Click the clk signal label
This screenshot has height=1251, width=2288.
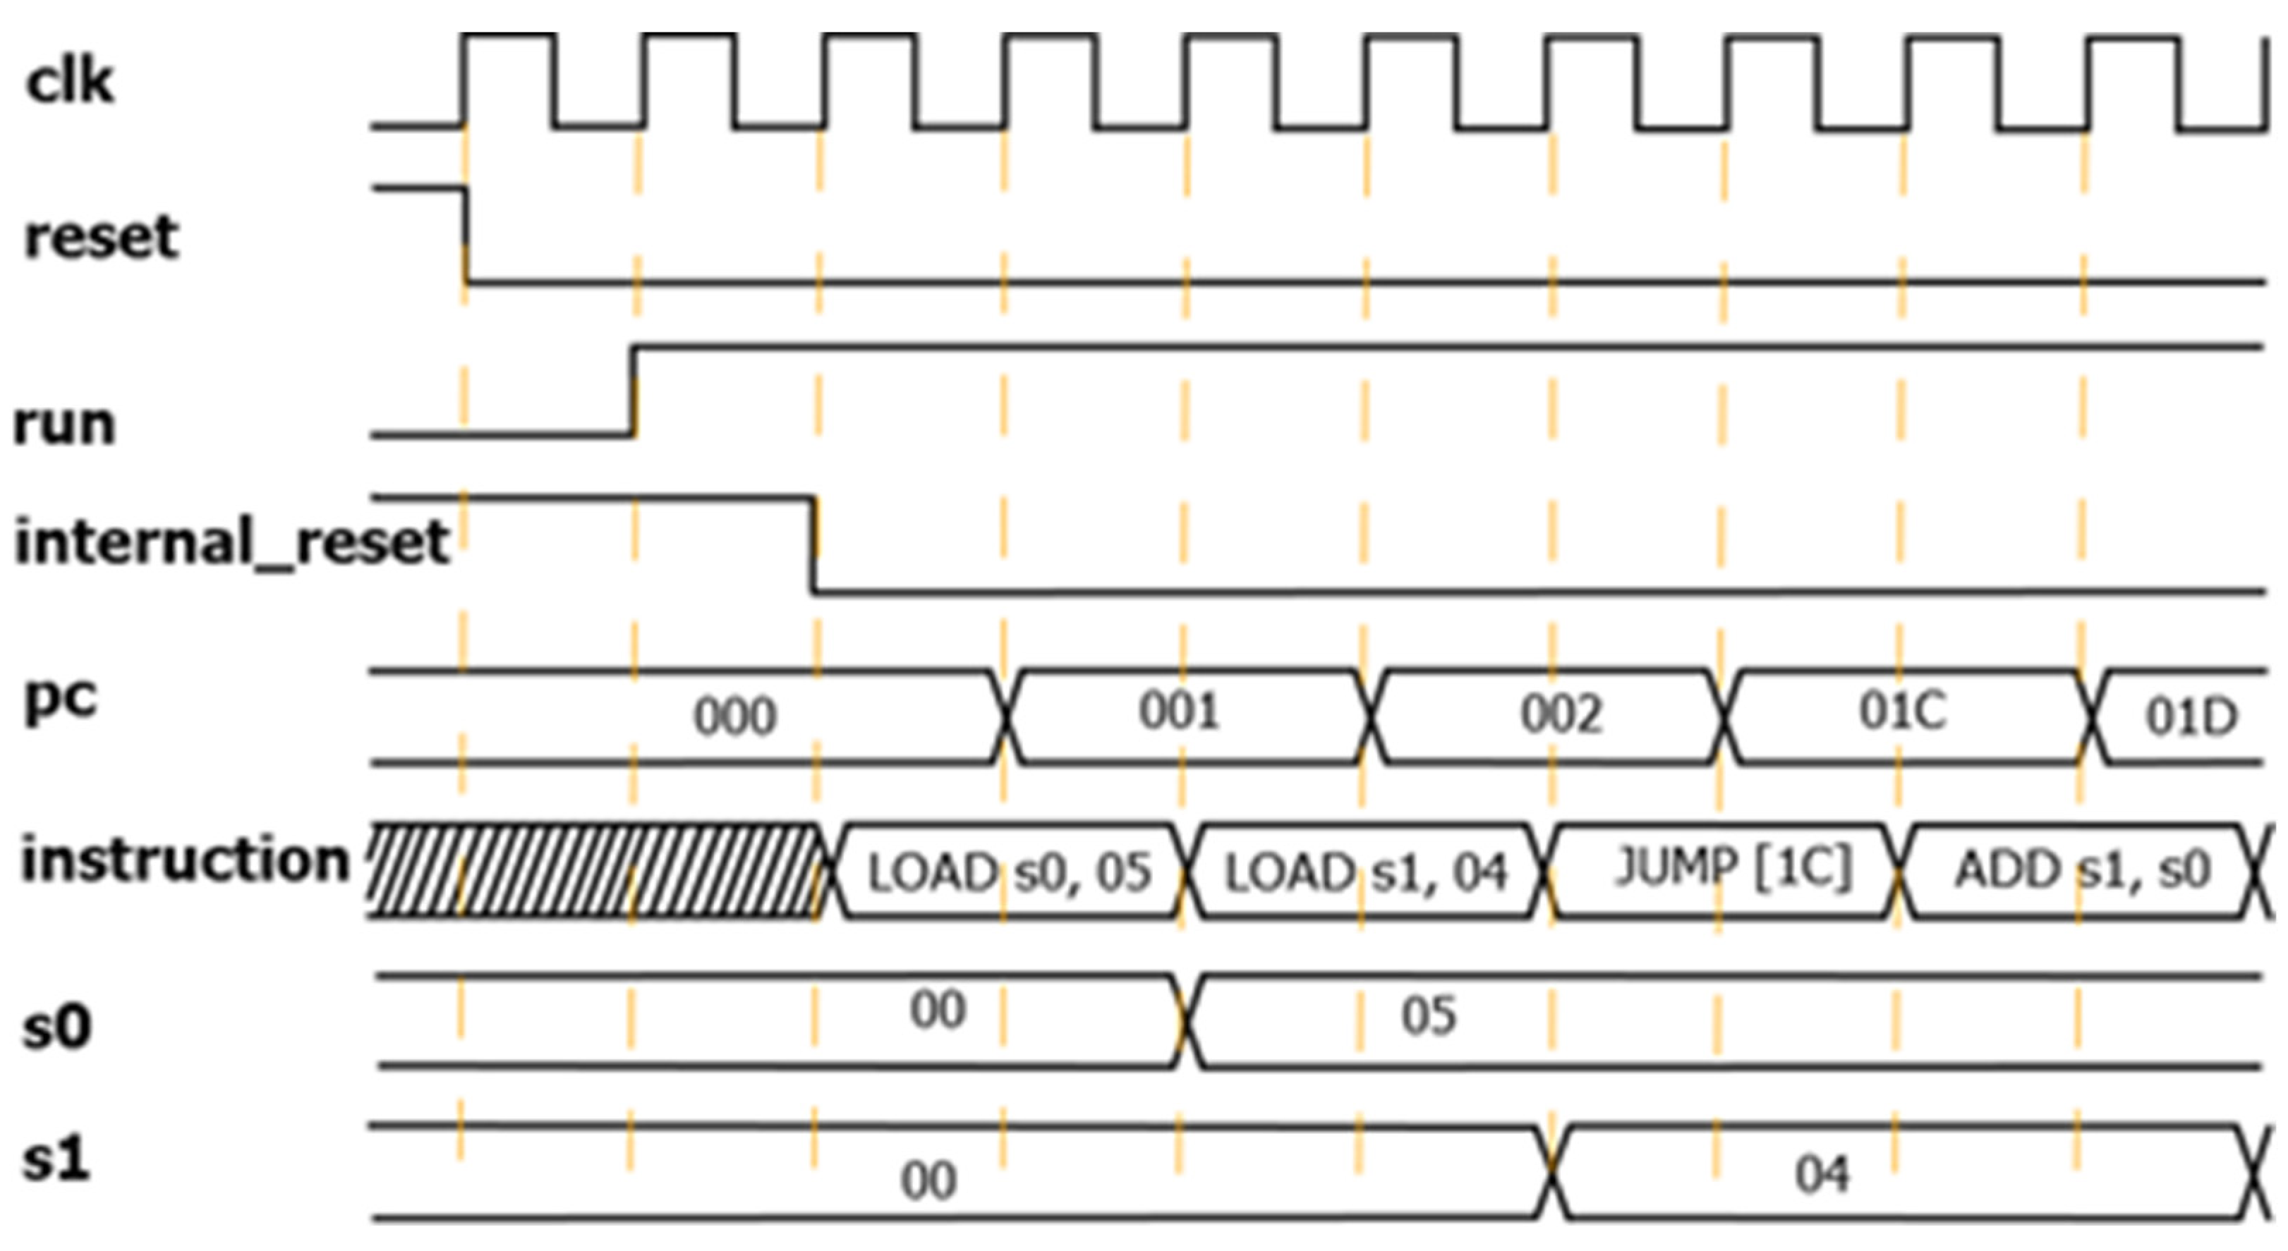(69, 82)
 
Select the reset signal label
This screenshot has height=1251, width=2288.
(102, 237)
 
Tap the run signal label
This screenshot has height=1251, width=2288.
(64, 424)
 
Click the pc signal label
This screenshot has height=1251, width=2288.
(61, 700)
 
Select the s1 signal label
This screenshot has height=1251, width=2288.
(56, 1159)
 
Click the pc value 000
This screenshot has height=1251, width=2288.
(734, 716)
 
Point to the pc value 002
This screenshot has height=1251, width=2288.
(1561, 714)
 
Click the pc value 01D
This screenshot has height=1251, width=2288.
(2191, 716)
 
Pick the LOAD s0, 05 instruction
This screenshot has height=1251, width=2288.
(1008, 872)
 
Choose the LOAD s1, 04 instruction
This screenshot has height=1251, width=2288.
(1365, 872)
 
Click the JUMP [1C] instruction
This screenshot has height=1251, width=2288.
(1732, 867)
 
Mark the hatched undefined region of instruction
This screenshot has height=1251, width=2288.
(593, 870)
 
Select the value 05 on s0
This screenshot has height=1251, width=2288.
(1428, 1015)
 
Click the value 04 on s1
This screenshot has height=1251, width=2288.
(1822, 1175)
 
